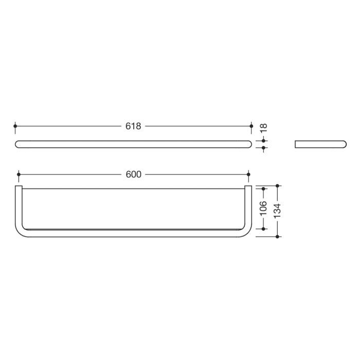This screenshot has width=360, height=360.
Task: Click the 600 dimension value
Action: point(133,174)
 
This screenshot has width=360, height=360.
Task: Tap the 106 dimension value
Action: point(263,208)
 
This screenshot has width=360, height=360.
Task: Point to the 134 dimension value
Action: point(277,210)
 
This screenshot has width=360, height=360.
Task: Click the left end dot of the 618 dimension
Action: point(15,125)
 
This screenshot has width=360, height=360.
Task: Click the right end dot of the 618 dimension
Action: point(251,125)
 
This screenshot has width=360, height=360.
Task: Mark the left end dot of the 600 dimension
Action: point(19,174)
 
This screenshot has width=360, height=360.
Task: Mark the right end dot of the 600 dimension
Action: point(248,174)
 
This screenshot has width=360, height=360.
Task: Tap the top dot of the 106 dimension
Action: point(264,189)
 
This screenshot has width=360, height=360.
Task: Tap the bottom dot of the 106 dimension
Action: point(264,228)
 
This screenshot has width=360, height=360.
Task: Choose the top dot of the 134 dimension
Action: point(278,185)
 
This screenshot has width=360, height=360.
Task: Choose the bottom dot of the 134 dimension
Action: point(278,237)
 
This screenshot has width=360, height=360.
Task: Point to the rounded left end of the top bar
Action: point(19,144)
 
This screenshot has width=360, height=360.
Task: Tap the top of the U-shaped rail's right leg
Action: point(248,187)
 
